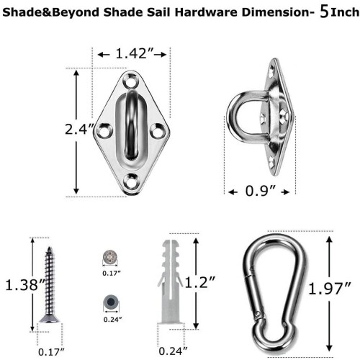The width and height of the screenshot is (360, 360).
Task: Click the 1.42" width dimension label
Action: (x=135, y=53)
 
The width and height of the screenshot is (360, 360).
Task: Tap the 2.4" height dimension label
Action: (x=79, y=130)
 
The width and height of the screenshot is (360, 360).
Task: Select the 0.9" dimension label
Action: (x=260, y=191)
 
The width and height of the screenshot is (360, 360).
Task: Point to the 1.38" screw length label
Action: (x=25, y=285)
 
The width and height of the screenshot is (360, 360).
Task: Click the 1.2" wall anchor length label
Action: (x=200, y=282)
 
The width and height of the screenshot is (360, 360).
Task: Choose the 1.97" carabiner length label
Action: (x=330, y=289)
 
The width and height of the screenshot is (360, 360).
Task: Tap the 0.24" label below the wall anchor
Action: (x=173, y=351)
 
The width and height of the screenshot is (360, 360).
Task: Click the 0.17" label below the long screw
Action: (x=51, y=352)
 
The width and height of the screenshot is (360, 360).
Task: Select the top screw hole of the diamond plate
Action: (x=130, y=81)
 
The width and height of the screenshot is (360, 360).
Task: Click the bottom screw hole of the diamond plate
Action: (x=131, y=181)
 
